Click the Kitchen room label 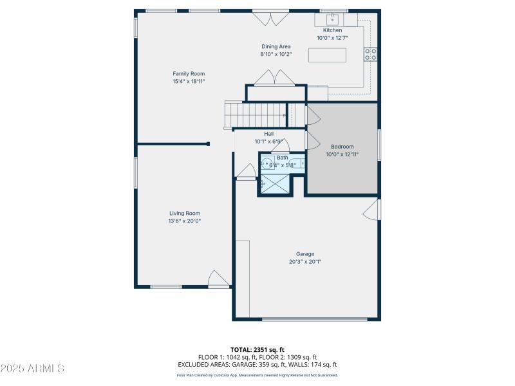(x=332, y=30)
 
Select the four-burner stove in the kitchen (x=371, y=55)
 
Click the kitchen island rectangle (x=327, y=55)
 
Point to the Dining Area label (x=276, y=46)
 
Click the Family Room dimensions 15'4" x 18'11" (x=189, y=82)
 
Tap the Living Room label (x=185, y=213)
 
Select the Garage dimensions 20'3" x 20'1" (x=305, y=261)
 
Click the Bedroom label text (x=342, y=147)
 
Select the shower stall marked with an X (x=274, y=184)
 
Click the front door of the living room (x=219, y=279)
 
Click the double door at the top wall (x=270, y=17)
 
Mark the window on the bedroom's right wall (x=379, y=147)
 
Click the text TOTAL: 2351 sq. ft (x=257, y=349)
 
